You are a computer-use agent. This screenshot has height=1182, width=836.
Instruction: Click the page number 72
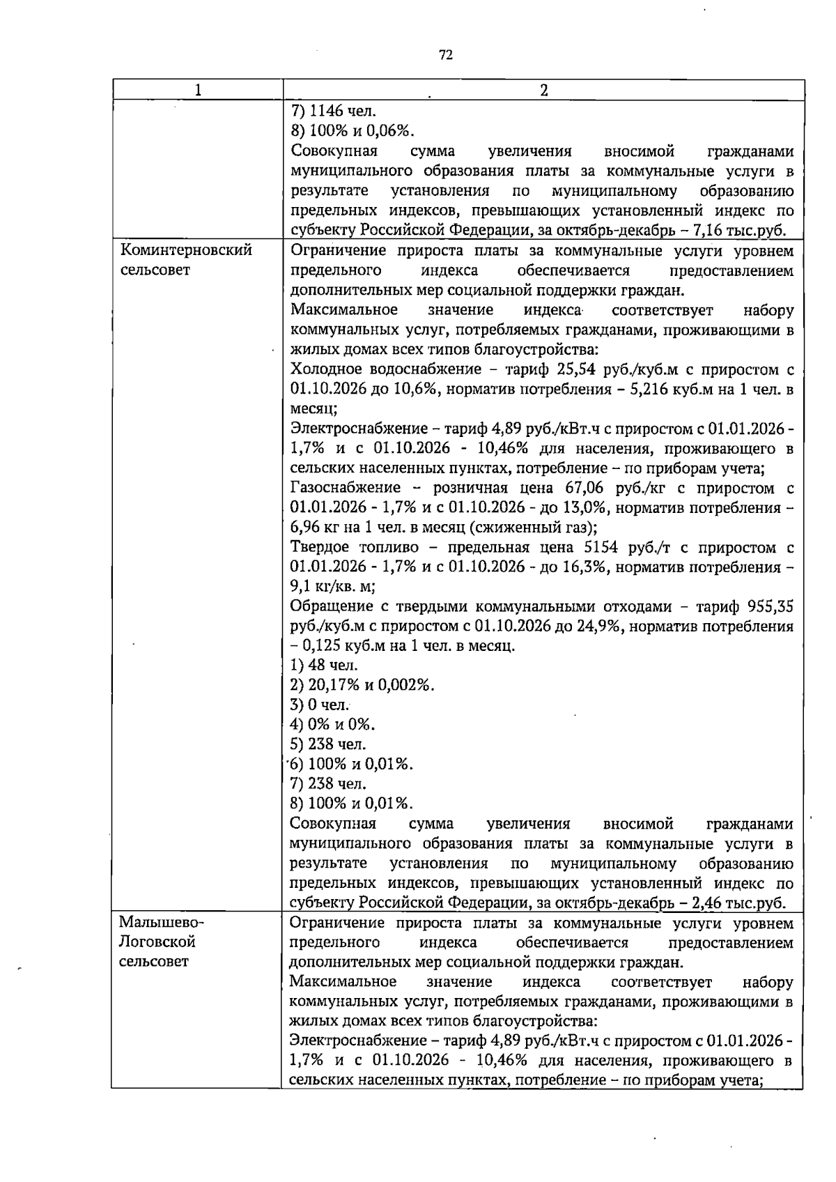446,55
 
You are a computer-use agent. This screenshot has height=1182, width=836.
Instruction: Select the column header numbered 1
198,90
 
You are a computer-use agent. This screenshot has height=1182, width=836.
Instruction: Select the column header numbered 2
543,90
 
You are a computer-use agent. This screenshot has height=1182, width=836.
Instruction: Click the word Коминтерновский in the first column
186,250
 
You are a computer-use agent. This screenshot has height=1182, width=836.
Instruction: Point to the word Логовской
157,942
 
